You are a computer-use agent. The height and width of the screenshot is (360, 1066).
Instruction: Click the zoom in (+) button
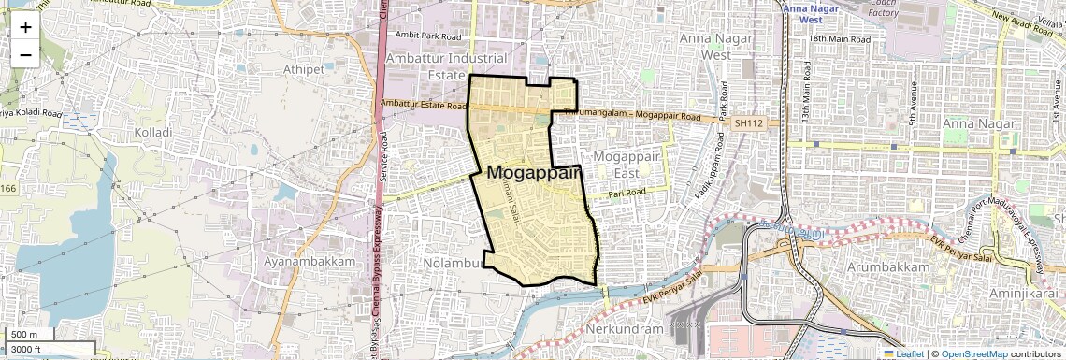25,27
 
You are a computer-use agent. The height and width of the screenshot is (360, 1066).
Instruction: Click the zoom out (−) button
25,54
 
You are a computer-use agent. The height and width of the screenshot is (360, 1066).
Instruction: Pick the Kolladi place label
153,133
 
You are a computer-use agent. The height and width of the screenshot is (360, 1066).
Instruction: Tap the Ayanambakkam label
310,261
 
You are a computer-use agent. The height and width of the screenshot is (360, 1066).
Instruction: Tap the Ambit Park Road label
429,36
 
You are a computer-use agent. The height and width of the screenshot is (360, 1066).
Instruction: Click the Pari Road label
627,193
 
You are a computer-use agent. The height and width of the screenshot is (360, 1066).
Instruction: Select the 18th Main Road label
840,39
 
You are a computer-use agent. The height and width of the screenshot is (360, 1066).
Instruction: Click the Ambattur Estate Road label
424,105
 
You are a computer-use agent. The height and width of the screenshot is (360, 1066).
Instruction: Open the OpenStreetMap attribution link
973,353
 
